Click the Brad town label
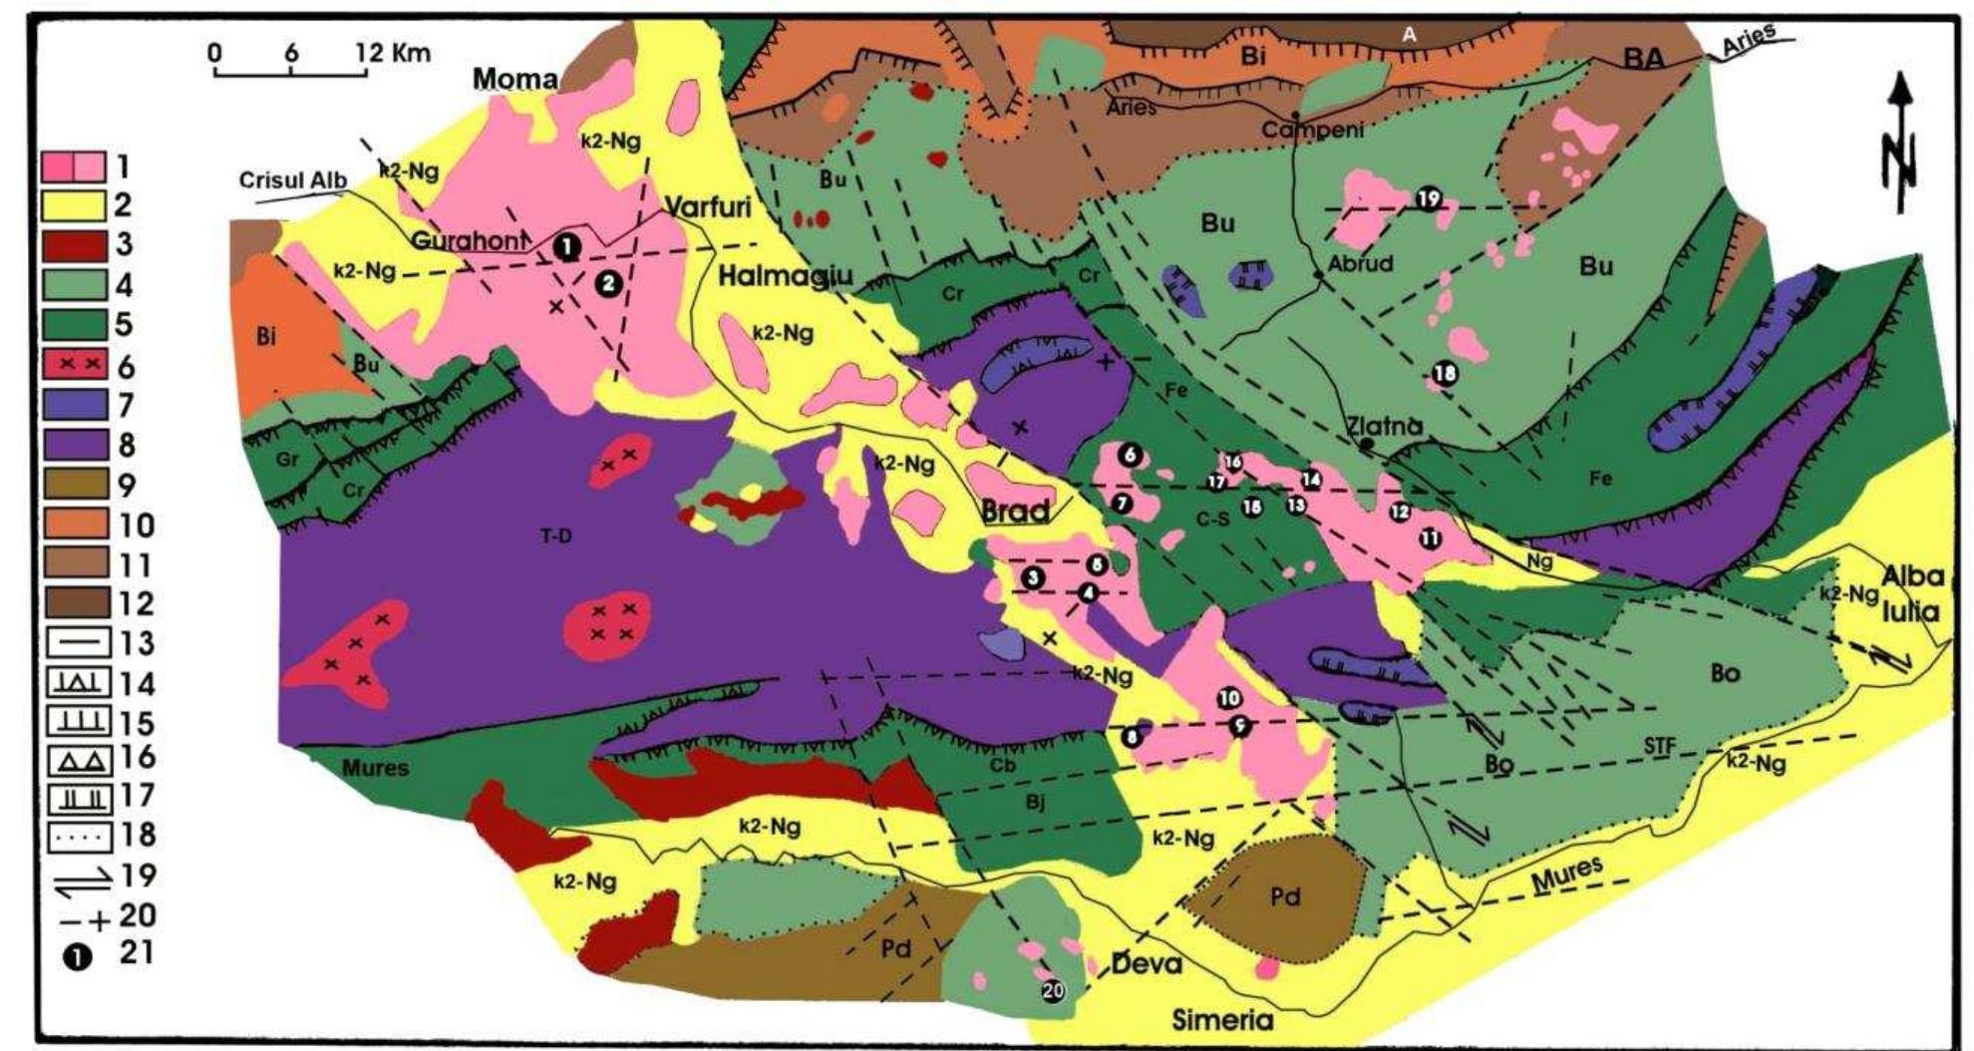(x=1015, y=512)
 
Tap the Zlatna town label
(x=1385, y=426)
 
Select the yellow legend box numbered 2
(x=74, y=206)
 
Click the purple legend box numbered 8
(x=74, y=444)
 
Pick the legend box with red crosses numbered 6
(x=74, y=365)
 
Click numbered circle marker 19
(x=1428, y=198)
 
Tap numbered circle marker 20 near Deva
(x=1054, y=990)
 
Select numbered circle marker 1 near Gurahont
(x=565, y=245)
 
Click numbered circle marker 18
(x=1444, y=374)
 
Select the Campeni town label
(x=1311, y=131)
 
